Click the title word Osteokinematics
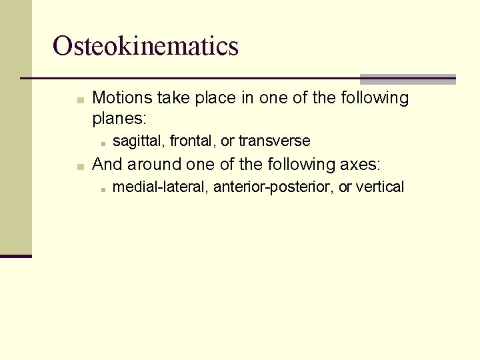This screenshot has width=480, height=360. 145,46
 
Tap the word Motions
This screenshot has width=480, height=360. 122,98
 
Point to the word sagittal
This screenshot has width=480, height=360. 139,141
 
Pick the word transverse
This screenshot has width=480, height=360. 274,141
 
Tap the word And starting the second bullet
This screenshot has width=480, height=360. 107,164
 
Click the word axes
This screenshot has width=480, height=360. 359,164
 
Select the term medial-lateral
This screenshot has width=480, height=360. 161,187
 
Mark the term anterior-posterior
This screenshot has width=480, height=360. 273,187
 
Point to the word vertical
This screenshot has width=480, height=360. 380,187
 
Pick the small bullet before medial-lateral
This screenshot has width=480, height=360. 105,189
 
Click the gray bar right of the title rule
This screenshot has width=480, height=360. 408,79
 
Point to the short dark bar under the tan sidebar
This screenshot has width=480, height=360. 16,255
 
